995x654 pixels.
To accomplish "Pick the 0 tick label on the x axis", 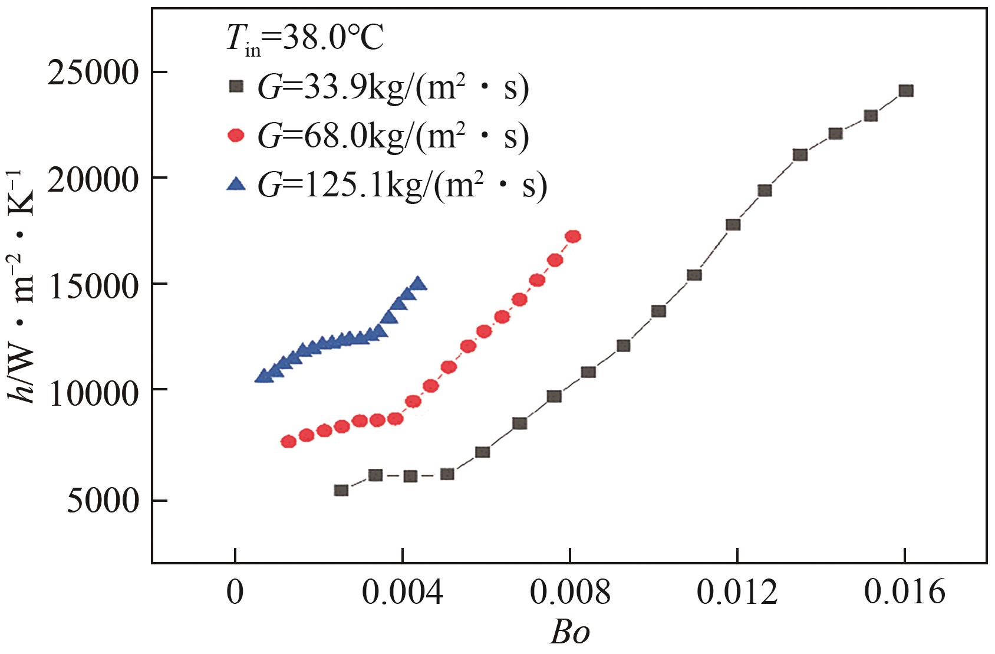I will (235, 594).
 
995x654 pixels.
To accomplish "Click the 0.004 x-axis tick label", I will (403, 594).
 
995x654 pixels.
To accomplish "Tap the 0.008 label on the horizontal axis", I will (570, 594).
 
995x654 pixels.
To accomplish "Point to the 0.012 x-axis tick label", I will (737, 594).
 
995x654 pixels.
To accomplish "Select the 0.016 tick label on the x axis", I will (905, 594).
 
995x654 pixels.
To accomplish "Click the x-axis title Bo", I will (569, 633).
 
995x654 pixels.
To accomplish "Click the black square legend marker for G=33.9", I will (236, 87).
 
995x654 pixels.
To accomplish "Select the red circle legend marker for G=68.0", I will (236, 136).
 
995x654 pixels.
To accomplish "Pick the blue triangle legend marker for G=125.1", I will (236, 185).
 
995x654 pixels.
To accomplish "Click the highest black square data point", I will (906, 90).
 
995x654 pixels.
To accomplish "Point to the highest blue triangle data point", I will (418, 284).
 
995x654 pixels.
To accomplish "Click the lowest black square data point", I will (341, 490).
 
